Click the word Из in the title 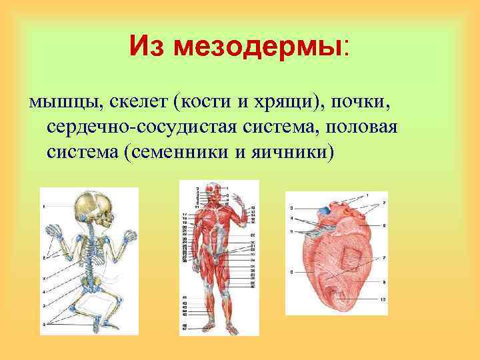(147, 47)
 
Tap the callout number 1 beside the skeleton (44, 207)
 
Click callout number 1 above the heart (366, 195)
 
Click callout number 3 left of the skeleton (45, 289)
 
